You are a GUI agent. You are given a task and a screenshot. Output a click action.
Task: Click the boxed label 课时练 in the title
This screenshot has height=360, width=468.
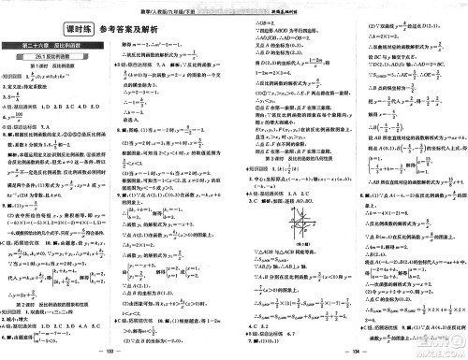34,25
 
